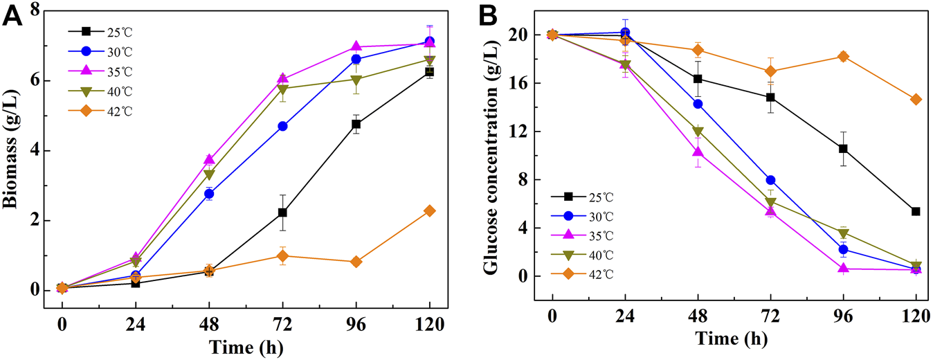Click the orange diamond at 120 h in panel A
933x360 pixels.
(429, 210)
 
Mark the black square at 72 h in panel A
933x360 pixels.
(282, 213)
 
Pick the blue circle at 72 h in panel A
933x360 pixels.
(282, 126)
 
